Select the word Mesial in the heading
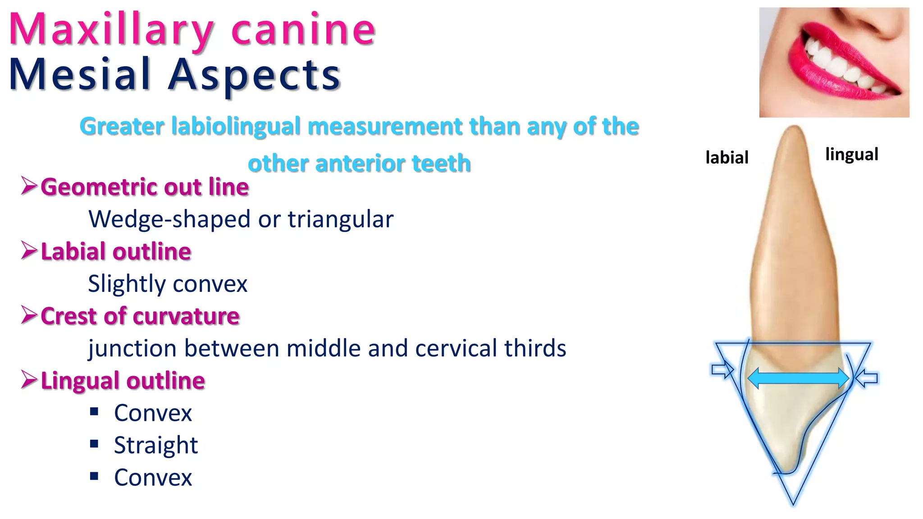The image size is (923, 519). (79, 74)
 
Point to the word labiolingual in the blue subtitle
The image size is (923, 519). (236, 126)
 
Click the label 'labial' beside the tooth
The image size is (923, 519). (727, 157)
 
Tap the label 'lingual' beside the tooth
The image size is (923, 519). (851, 154)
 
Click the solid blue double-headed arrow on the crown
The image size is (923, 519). (798, 378)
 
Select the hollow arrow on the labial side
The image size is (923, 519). (722, 370)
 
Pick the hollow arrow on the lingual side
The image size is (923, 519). (866, 378)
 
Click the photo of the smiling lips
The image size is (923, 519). (834, 62)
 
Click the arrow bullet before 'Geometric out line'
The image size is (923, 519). (29, 186)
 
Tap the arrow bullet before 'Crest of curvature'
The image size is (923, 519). (29, 315)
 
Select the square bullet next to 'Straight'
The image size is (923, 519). (94, 444)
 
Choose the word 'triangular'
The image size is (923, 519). (341, 219)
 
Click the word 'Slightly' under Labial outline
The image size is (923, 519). (127, 284)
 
